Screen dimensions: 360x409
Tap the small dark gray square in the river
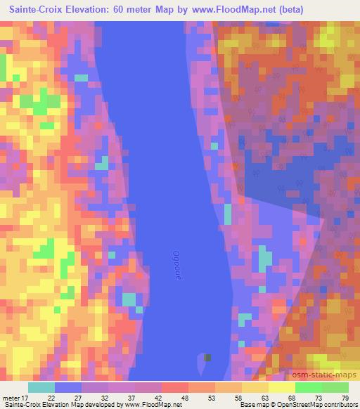pyautogui.click(x=207, y=357)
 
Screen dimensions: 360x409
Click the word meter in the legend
pyautogui.click(x=12, y=398)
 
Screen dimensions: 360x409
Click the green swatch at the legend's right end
pyautogui.click(x=335, y=387)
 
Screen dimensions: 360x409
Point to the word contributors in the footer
pyautogui.click(x=339, y=405)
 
